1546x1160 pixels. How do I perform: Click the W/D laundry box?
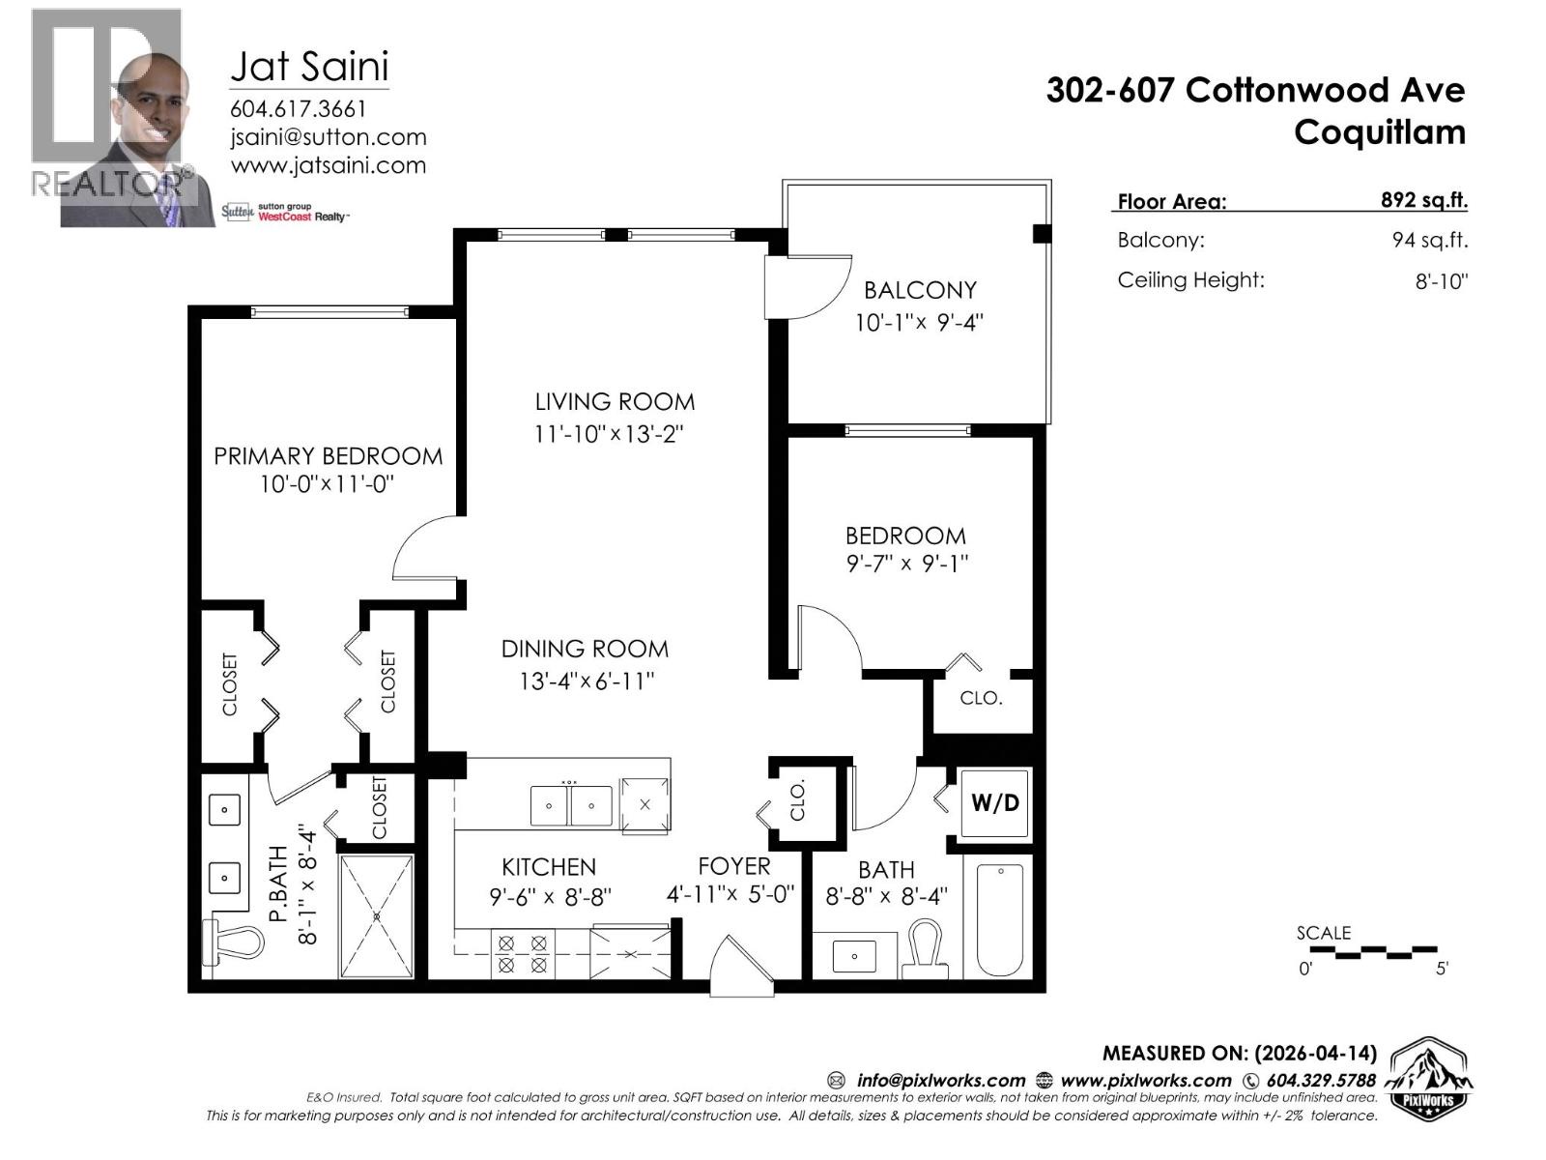995,802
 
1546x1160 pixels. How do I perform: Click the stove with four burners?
522,952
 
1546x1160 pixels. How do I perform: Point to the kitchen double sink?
570,805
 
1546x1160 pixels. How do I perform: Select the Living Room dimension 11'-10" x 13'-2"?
609,434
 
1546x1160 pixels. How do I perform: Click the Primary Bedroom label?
328,455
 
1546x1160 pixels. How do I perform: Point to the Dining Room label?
585,649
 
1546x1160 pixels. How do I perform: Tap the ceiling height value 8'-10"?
1441,281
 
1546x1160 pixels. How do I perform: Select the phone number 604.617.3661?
298,108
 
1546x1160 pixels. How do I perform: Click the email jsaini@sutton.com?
328,137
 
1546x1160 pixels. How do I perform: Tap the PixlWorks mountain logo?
1430,1078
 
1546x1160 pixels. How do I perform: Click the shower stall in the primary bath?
377,914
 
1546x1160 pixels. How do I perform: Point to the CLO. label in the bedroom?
981,698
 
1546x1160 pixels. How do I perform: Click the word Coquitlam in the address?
1379,131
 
